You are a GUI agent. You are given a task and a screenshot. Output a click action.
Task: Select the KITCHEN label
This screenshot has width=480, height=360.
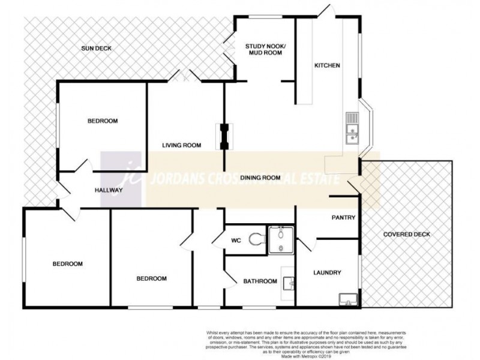pos(328,65)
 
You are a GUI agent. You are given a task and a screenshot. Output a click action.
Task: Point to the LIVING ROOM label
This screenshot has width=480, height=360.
pos(181,145)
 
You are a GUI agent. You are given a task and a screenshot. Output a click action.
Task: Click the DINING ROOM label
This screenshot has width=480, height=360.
pos(260,178)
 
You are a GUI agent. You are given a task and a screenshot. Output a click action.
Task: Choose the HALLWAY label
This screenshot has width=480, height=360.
pos(109,190)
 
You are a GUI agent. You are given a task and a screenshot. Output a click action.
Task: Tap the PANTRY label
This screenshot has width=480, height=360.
pos(344,218)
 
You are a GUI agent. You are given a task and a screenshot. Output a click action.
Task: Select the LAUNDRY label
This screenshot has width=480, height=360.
pos(327,273)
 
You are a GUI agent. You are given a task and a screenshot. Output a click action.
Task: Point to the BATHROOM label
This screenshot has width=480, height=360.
pos(259,281)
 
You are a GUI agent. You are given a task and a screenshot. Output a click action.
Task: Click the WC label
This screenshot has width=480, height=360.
pos(236,241)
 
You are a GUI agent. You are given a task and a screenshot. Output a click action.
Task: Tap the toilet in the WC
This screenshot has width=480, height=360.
pos(257,240)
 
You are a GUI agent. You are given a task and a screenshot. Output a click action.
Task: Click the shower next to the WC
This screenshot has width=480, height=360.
pos(280,239)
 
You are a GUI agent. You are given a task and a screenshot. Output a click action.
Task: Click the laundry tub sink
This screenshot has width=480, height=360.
pos(347,298)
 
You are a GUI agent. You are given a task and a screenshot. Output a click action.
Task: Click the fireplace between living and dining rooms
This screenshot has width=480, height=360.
pos(225,136)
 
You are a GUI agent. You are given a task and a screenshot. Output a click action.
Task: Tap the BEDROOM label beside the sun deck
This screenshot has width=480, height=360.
pos(103,121)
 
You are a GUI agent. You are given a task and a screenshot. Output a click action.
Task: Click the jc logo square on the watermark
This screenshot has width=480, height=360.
pos(124,179)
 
